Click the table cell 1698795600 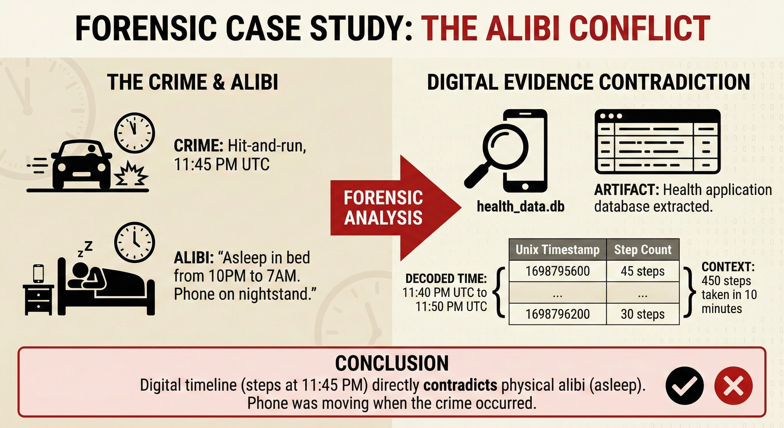(558, 271)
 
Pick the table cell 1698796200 (558, 314)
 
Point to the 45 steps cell (643, 271)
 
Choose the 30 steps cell (643, 314)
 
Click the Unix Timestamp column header (558, 249)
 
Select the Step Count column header (643, 249)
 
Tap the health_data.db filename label (520, 206)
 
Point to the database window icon (657, 142)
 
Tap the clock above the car (134, 133)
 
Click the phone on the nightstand (38, 273)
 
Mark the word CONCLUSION (392, 363)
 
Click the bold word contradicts (460, 385)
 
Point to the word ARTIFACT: (626, 190)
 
